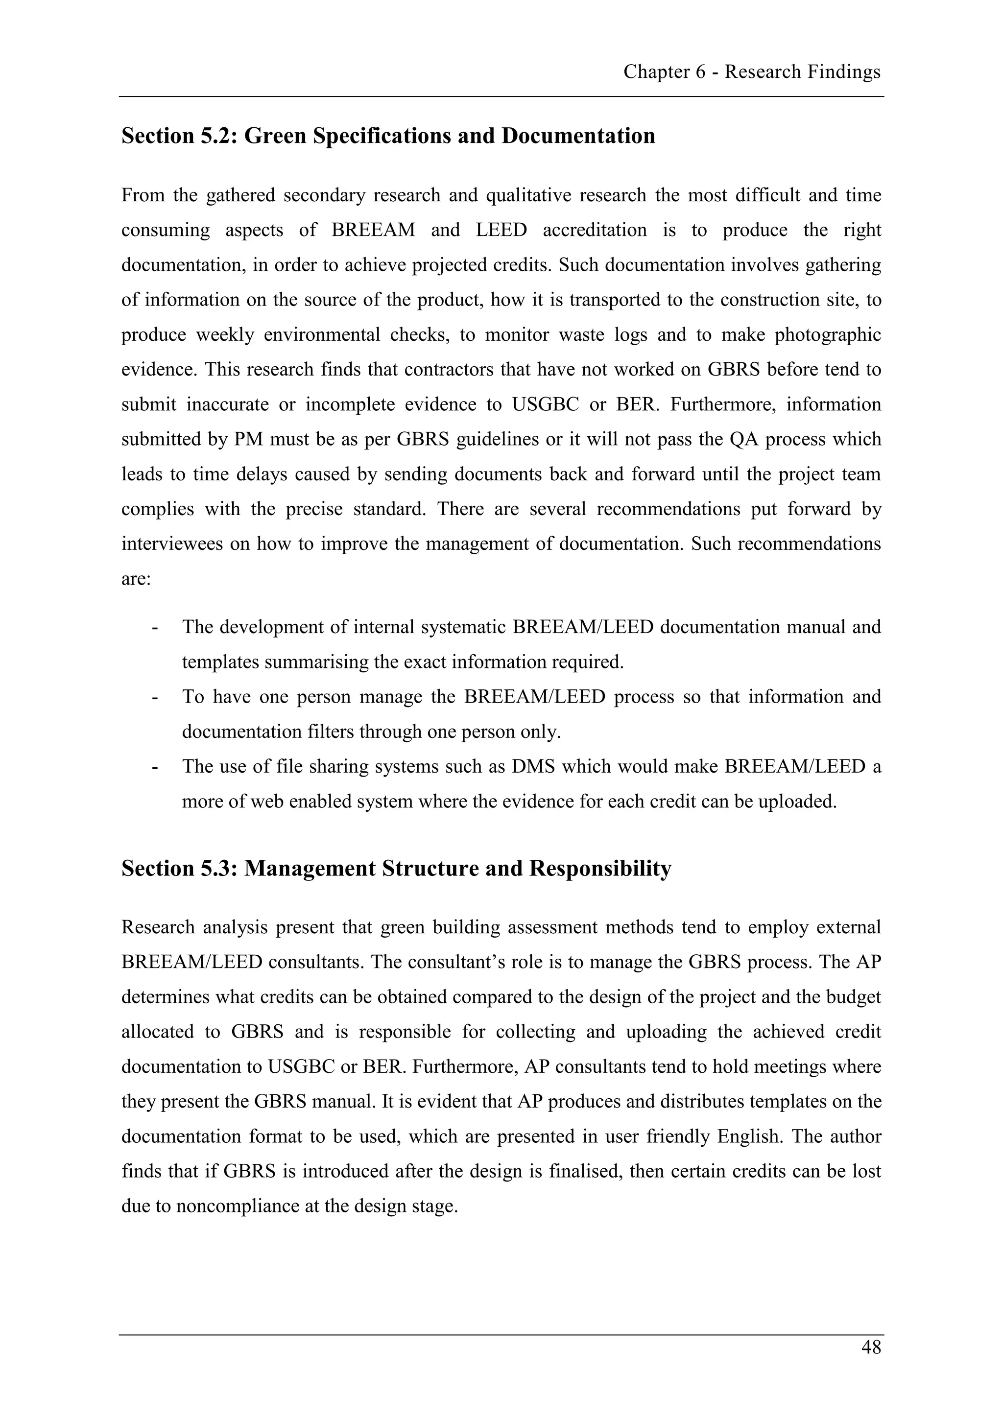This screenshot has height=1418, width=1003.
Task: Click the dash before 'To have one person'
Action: pyautogui.click(x=154, y=697)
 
